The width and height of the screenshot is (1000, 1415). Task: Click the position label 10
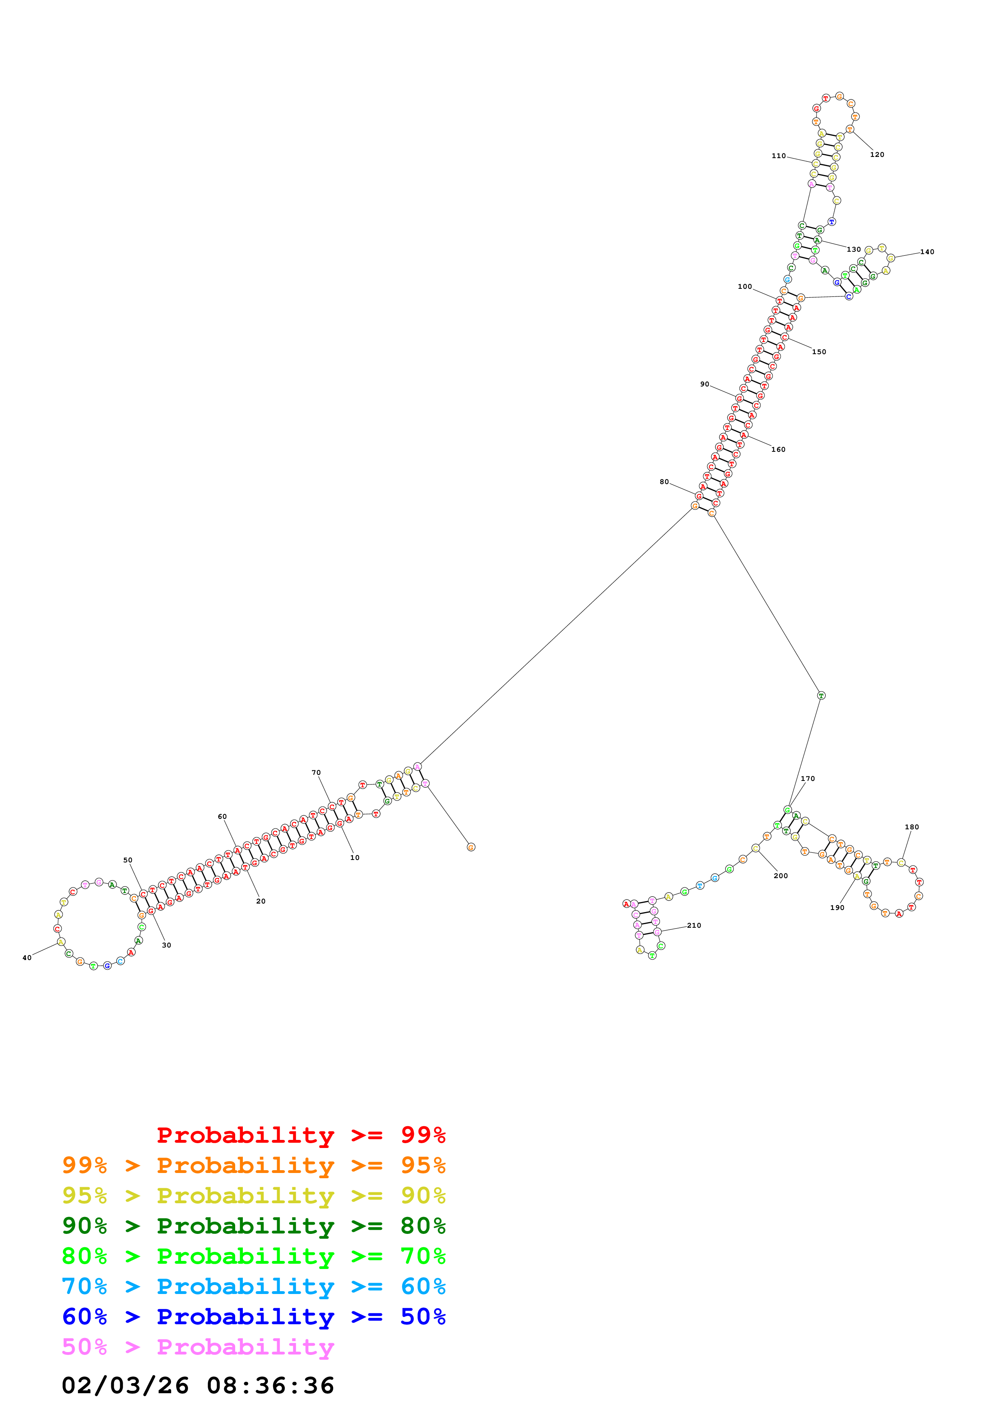(355, 857)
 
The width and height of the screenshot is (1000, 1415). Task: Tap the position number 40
(27, 958)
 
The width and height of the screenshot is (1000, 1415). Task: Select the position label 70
(316, 772)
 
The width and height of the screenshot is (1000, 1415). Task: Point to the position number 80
(664, 482)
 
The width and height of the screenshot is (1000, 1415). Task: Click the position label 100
(745, 286)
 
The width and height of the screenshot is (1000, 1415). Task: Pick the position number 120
(877, 154)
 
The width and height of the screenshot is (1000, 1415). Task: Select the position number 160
(778, 449)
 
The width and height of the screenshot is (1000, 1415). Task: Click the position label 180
(912, 827)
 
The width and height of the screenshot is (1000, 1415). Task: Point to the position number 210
(694, 925)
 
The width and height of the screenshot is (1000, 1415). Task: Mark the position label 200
(781, 876)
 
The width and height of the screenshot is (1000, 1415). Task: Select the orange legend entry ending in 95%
(254, 1165)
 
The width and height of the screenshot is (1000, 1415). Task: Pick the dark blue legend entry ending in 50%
(254, 1317)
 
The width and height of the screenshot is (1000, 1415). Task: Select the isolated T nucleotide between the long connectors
(821, 695)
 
